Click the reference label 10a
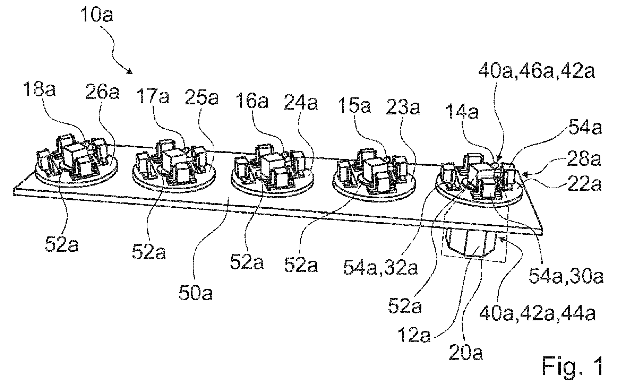[x=97, y=15]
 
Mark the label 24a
[x=301, y=103]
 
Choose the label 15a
[x=354, y=106]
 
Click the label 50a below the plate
[x=195, y=294]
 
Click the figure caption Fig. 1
[x=572, y=366]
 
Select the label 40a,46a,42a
[x=537, y=72]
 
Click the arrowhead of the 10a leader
[x=130, y=72]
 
